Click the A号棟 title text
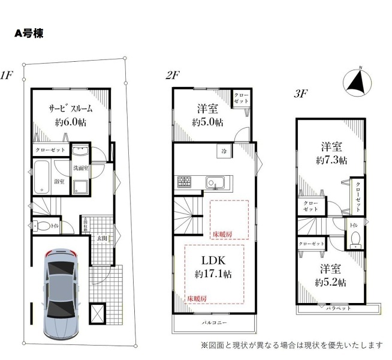28,34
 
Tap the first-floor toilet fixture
43,227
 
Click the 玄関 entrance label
102,238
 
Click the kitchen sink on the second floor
214,182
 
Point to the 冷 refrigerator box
223,150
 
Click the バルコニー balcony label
213,323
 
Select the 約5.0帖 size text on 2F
208,122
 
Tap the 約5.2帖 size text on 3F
330,282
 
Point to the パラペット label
338,308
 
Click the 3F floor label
300,94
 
